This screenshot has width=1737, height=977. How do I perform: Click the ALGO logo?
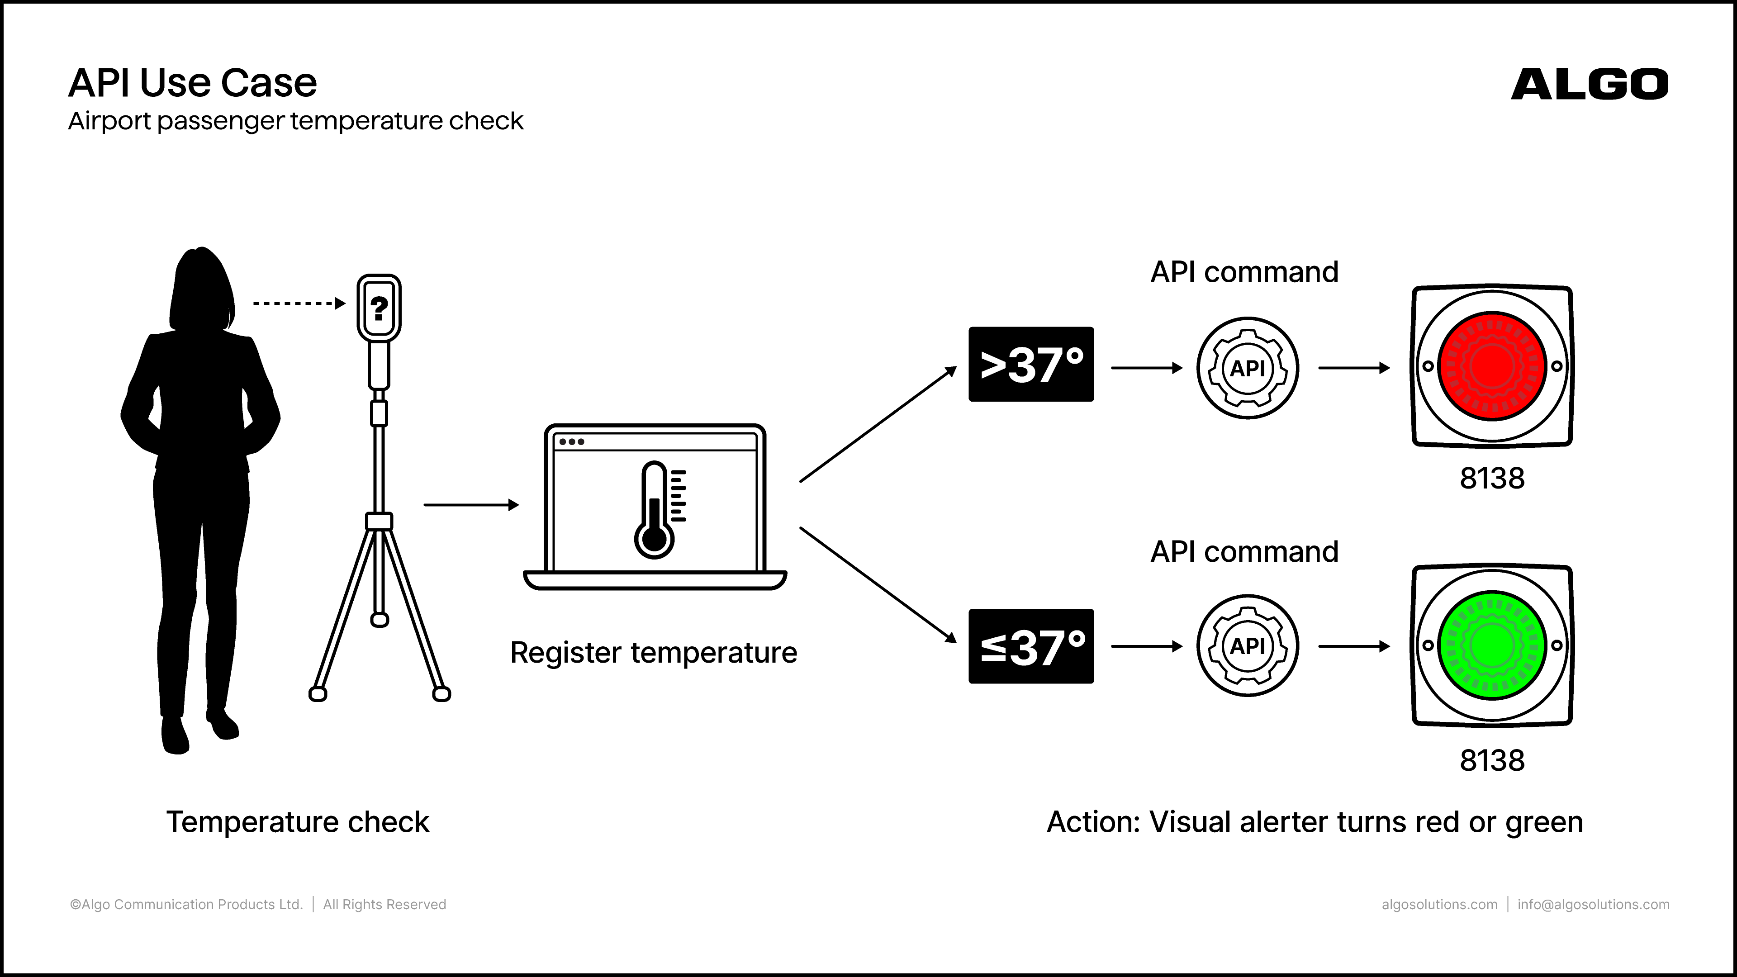1590,84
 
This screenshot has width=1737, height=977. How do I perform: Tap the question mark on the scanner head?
379,308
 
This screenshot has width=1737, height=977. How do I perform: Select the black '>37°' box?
1031,364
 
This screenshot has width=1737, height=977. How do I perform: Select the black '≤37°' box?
1031,646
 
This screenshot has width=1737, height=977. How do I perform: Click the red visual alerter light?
1492,366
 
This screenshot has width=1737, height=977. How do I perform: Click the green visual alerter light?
1492,645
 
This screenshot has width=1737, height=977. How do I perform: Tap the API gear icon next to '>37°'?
1248,368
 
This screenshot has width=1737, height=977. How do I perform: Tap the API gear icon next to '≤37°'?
1248,646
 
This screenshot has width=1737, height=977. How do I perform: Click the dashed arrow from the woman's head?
299,304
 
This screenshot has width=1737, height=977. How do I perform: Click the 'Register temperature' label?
653,653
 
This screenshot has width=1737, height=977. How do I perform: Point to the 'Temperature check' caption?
297,822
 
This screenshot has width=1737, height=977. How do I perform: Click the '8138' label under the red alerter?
1492,478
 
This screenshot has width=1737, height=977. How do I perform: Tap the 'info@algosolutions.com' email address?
1593,904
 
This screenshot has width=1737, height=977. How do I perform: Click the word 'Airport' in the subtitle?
109,121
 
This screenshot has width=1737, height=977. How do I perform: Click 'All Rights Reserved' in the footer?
384,904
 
